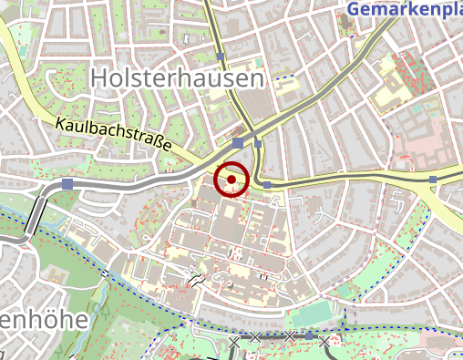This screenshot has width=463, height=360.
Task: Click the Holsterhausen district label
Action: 178,79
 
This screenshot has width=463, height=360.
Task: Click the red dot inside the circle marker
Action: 231,180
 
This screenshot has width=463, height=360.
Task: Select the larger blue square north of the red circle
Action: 238,143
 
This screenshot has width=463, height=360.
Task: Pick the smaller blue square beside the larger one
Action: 258,143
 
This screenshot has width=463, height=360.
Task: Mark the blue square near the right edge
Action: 433,180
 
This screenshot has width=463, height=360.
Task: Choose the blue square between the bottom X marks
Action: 308,336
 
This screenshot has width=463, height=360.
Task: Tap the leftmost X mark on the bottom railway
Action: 234,341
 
